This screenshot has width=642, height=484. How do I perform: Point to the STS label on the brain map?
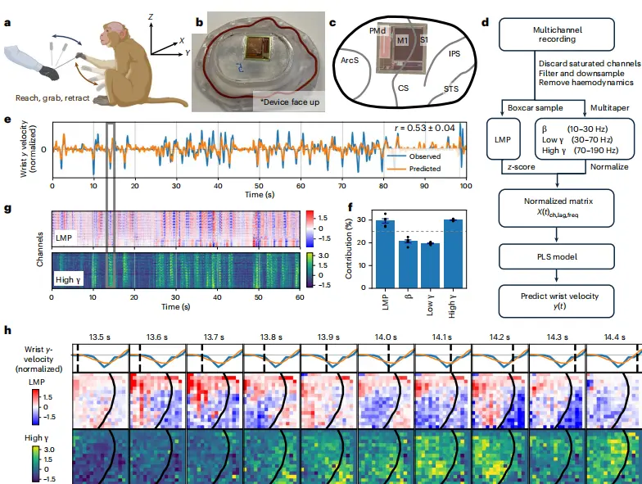coord(451,87)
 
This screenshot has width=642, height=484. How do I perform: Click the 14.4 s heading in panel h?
coord(614,336)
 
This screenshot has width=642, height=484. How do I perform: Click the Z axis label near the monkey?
coord(151,16)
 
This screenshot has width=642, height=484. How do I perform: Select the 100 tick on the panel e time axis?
coord(466,186)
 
